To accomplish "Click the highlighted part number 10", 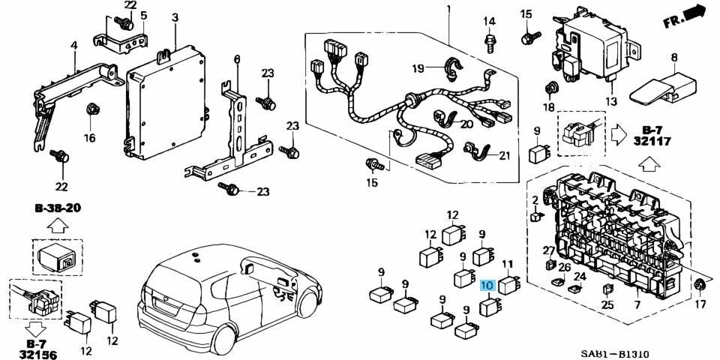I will click(487, 285).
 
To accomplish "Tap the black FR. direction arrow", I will click(695, 12).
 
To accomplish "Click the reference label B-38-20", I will click(57, 208).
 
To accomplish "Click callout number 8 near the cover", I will click(673, 57).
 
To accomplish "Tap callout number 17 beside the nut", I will click(700, 304).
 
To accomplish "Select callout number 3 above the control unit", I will click(174, 16).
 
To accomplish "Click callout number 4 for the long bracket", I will click(73, 46).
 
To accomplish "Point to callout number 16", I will click(89, 137).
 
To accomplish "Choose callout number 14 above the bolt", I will click(490, 20).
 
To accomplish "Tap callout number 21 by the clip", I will click(503, 155).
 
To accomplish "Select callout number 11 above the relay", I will click(508, 263).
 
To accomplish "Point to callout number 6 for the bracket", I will click(236, 59).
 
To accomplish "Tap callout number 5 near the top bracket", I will click(144, 15).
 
